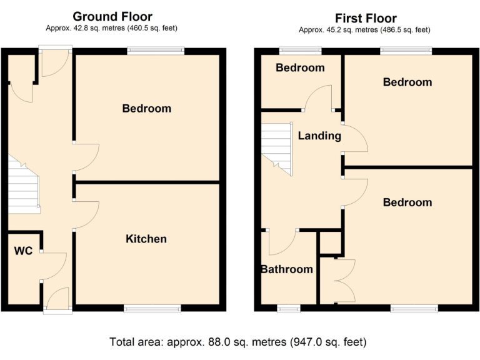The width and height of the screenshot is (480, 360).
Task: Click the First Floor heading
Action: coord(366,18)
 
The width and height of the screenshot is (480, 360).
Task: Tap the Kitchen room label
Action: coord(146,239)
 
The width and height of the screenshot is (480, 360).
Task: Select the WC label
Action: coord(23,251)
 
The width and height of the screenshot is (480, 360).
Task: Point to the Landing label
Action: coord(319,136)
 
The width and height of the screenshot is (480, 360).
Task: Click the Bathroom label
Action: coord(287,269)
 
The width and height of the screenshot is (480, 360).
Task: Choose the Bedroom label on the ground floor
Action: coord(146,109)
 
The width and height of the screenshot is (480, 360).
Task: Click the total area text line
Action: coord(238,342)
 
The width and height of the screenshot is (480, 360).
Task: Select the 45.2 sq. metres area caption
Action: coord(364,29)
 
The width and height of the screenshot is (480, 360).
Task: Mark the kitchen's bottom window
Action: coord(152,307)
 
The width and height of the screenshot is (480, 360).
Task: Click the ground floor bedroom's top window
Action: coord(156,51)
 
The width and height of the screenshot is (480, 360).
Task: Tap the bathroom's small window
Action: coord(288,307)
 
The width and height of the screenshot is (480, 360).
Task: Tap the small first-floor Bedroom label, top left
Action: coord(300,68)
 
